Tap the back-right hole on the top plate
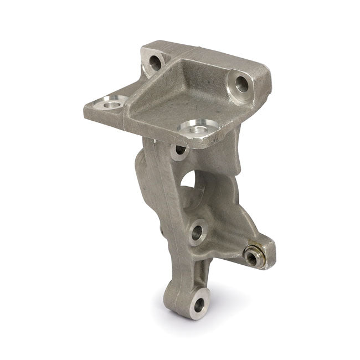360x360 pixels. click(x=242, y=84)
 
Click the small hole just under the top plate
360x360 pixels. click(x=180, y=150)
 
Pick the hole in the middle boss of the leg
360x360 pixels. click(x=197, y=232)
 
